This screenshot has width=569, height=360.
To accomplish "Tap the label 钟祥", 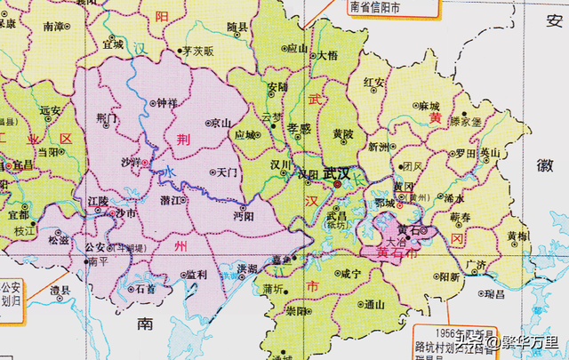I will click(167, 103).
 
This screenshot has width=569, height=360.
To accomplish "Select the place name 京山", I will click(220, 124).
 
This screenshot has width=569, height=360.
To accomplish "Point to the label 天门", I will click(226, 172).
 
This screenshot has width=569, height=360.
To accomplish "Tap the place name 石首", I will click(145, 289).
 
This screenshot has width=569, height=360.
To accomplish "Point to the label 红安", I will click(377, 83).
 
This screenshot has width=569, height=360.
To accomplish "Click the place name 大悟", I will click(327, 55).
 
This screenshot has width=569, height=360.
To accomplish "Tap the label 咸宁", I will click(350, 275).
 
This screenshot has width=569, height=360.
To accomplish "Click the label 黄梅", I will click(517, 236).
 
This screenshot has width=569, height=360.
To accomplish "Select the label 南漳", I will click(54, 28).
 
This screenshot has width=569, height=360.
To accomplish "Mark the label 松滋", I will click(59, 240).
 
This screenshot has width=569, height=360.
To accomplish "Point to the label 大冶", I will click(395, 241).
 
